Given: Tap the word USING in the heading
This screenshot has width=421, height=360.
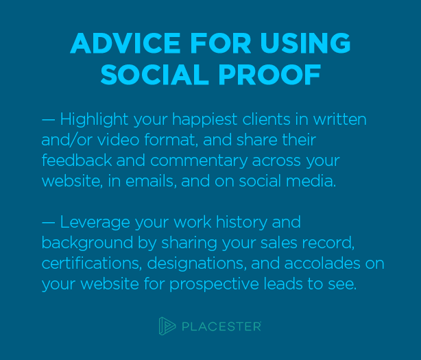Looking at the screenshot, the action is click(x=305, y=43).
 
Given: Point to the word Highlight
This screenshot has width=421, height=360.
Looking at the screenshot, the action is click(x=94, y=120).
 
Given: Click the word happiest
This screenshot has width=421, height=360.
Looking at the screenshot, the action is click(x=205, y=120).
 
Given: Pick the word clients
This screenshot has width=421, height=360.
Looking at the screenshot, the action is click(x=266, y=119).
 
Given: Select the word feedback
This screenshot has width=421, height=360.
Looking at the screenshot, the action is click(x=77, y=160).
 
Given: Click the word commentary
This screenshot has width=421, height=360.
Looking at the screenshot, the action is click(x=199, y=161).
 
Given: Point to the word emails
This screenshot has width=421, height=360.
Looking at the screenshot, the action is click(x=151, y=181).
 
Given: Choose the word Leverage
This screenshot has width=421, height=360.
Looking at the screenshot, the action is click(x=95, y=223).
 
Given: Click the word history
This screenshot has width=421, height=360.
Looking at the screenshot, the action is click(x=241, y=223).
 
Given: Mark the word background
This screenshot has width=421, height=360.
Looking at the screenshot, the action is click(x=88, y=243).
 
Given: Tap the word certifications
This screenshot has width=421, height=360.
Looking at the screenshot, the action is click(x=92, y=263).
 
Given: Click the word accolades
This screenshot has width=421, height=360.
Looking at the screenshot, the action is click(x=322, y=263).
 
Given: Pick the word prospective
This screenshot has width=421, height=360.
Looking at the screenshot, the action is click(x=214, y=285).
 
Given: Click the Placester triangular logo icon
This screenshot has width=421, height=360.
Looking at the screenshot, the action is click(x=167, y=326).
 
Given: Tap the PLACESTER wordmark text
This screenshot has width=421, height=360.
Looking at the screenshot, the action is click(x=221, y=326).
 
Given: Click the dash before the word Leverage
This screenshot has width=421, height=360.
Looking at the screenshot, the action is click(x=48, y=223).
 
